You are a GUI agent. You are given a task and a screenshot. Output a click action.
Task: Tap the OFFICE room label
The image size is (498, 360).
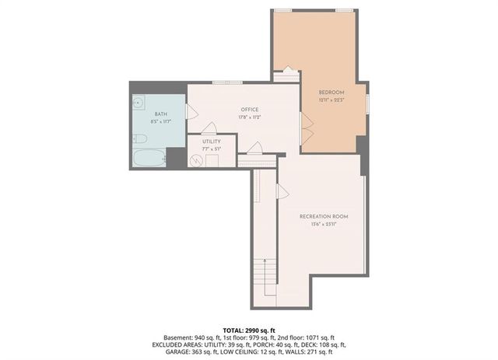(x=248, y=110)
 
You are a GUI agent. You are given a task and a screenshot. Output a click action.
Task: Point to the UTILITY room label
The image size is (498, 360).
(x=212, y=142)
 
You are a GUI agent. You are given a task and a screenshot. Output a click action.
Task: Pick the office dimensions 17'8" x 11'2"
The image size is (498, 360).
(x=248, y=117)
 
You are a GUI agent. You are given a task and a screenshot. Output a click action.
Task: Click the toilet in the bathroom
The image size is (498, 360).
(x=140, y=139)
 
